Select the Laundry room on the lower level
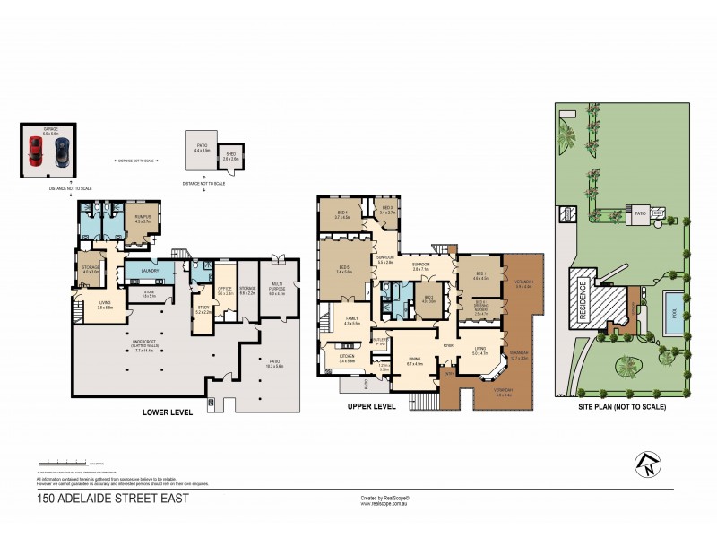(151, 271)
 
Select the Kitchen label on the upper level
(347, 358)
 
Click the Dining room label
(414, 363)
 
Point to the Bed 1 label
(480, 273)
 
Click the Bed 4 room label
(341, 216)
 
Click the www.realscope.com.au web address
(384, 503)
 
